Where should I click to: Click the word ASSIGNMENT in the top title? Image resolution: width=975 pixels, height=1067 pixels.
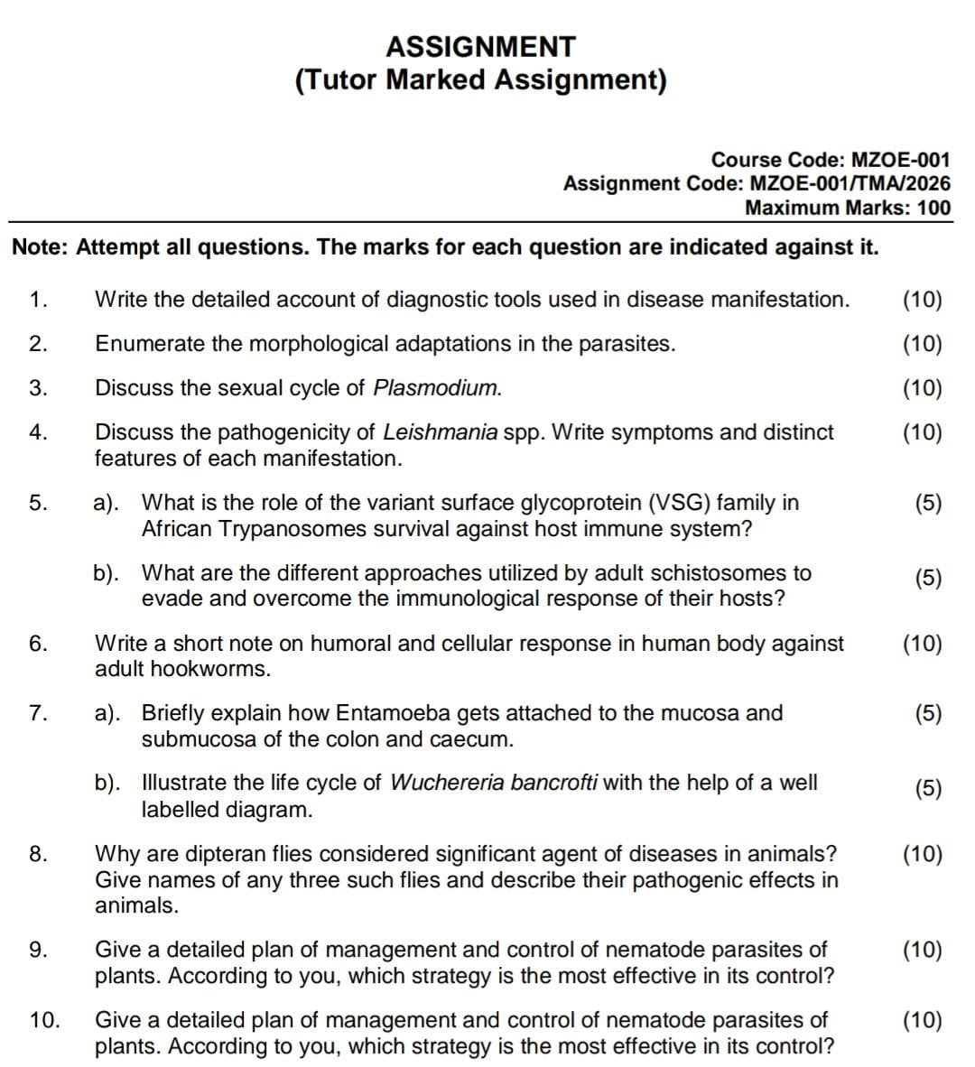point(480,46)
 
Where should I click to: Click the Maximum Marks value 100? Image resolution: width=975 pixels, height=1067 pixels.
point(933,208)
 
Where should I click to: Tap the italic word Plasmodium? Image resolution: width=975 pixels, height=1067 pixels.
point(437,388)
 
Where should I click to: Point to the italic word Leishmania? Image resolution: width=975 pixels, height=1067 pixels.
point(441,431)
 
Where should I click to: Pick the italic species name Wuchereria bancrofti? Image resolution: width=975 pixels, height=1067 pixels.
point(494,783)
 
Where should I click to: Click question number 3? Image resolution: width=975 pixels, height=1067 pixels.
point(37,388)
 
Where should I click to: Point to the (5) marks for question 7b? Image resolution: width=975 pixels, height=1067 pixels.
point(928,788)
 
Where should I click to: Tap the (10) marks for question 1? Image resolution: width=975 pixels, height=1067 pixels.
point(922,300)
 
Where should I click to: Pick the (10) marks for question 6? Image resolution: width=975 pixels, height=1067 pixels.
point(922,644)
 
